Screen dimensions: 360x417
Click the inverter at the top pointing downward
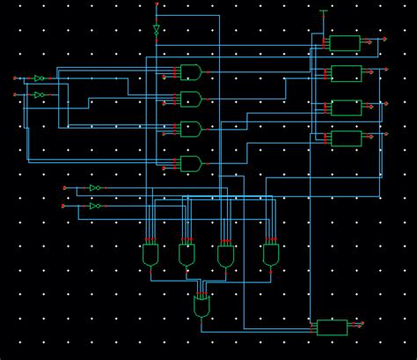(157, 29)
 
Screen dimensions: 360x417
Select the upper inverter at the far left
(39, 78)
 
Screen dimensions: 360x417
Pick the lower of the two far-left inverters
(39, 94)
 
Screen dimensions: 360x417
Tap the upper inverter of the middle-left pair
(95, 188)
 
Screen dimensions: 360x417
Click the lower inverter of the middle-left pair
(95, 206)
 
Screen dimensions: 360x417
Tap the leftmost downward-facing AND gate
(151, 255)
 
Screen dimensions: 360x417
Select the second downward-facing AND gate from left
(187, 255)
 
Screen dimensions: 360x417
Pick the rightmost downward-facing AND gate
(271, 255)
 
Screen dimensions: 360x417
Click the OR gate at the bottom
(202, 306)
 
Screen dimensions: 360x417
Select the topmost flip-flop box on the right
(345, 43)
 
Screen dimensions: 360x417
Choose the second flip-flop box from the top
(345, 73)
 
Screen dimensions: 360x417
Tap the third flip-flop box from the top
(345, 107)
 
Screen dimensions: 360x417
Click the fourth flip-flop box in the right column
(345, 138)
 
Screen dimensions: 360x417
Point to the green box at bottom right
(332, 327)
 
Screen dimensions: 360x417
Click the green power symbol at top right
(324, 12)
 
